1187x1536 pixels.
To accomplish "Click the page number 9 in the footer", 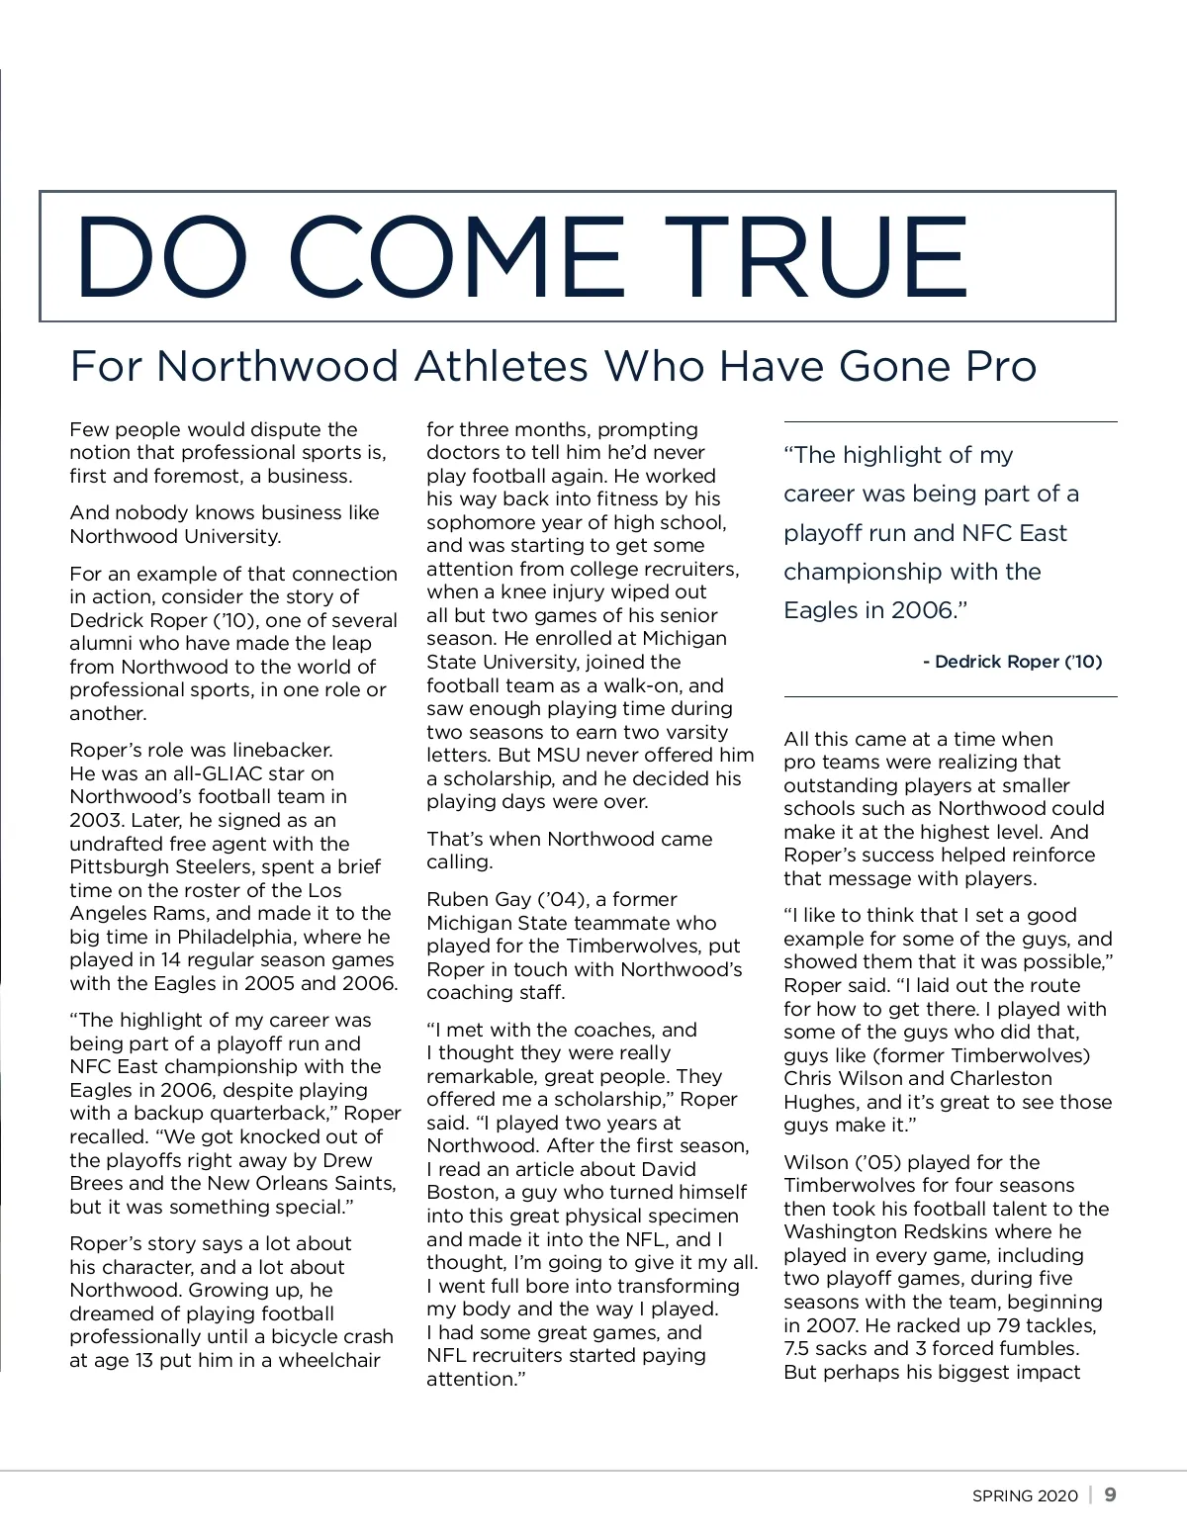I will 1110,1494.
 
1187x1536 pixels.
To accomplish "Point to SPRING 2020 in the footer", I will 1025,1495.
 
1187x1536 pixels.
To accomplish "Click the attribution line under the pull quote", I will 1012,662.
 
